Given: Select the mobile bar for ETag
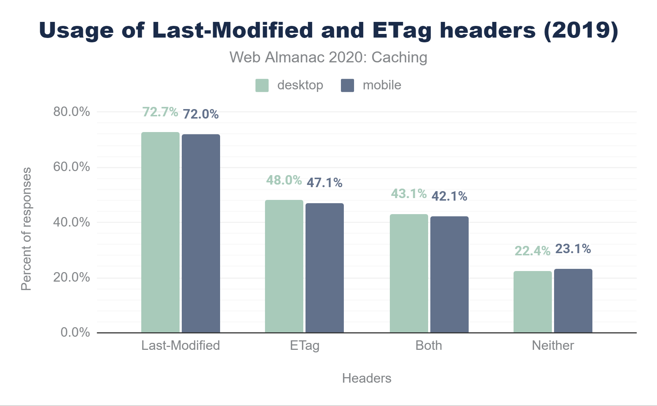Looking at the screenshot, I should point(324,268).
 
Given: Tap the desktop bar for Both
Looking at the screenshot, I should point(409,273).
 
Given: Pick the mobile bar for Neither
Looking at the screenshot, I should point(573,301).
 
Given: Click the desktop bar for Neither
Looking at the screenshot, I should point(533,302).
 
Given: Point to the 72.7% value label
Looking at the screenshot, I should point(160,112).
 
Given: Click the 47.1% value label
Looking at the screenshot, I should point(324,182).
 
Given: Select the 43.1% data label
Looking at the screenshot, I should point(409,194).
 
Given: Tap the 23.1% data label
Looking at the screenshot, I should point(573,249).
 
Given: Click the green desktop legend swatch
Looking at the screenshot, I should point(262,85).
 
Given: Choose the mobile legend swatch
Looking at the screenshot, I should point(347,85).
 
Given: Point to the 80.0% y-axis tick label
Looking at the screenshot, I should point(72,112).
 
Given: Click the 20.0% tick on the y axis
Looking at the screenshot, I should point(72,277).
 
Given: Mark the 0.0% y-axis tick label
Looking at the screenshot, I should point(75,332).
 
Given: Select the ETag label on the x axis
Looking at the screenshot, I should point(305,345).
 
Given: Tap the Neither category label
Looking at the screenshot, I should point(553,345).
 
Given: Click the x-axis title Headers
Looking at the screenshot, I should point(366,378).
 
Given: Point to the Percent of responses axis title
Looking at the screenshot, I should point(26,229).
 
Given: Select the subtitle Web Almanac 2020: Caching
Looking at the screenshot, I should point(328,57).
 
